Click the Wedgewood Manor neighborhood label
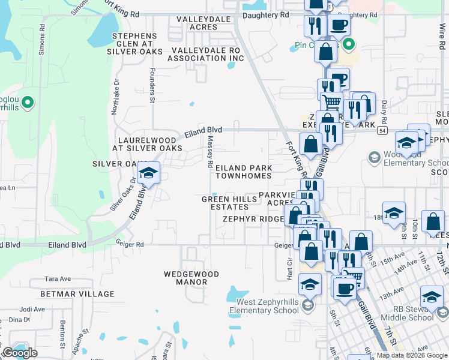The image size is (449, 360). coord(191,278)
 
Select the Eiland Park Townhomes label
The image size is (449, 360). coord(244,172)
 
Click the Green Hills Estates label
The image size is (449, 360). coord(225,203)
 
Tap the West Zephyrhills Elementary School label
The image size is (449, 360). coord(264,306)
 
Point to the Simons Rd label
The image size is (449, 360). coord(42,40)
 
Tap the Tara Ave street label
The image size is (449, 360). coord(58,279)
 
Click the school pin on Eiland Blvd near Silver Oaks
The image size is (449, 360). coord(148,174)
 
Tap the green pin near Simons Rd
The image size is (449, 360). coord(27,104)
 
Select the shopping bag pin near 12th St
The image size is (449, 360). coord(433,222)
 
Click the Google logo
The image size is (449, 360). coord(20,353)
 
